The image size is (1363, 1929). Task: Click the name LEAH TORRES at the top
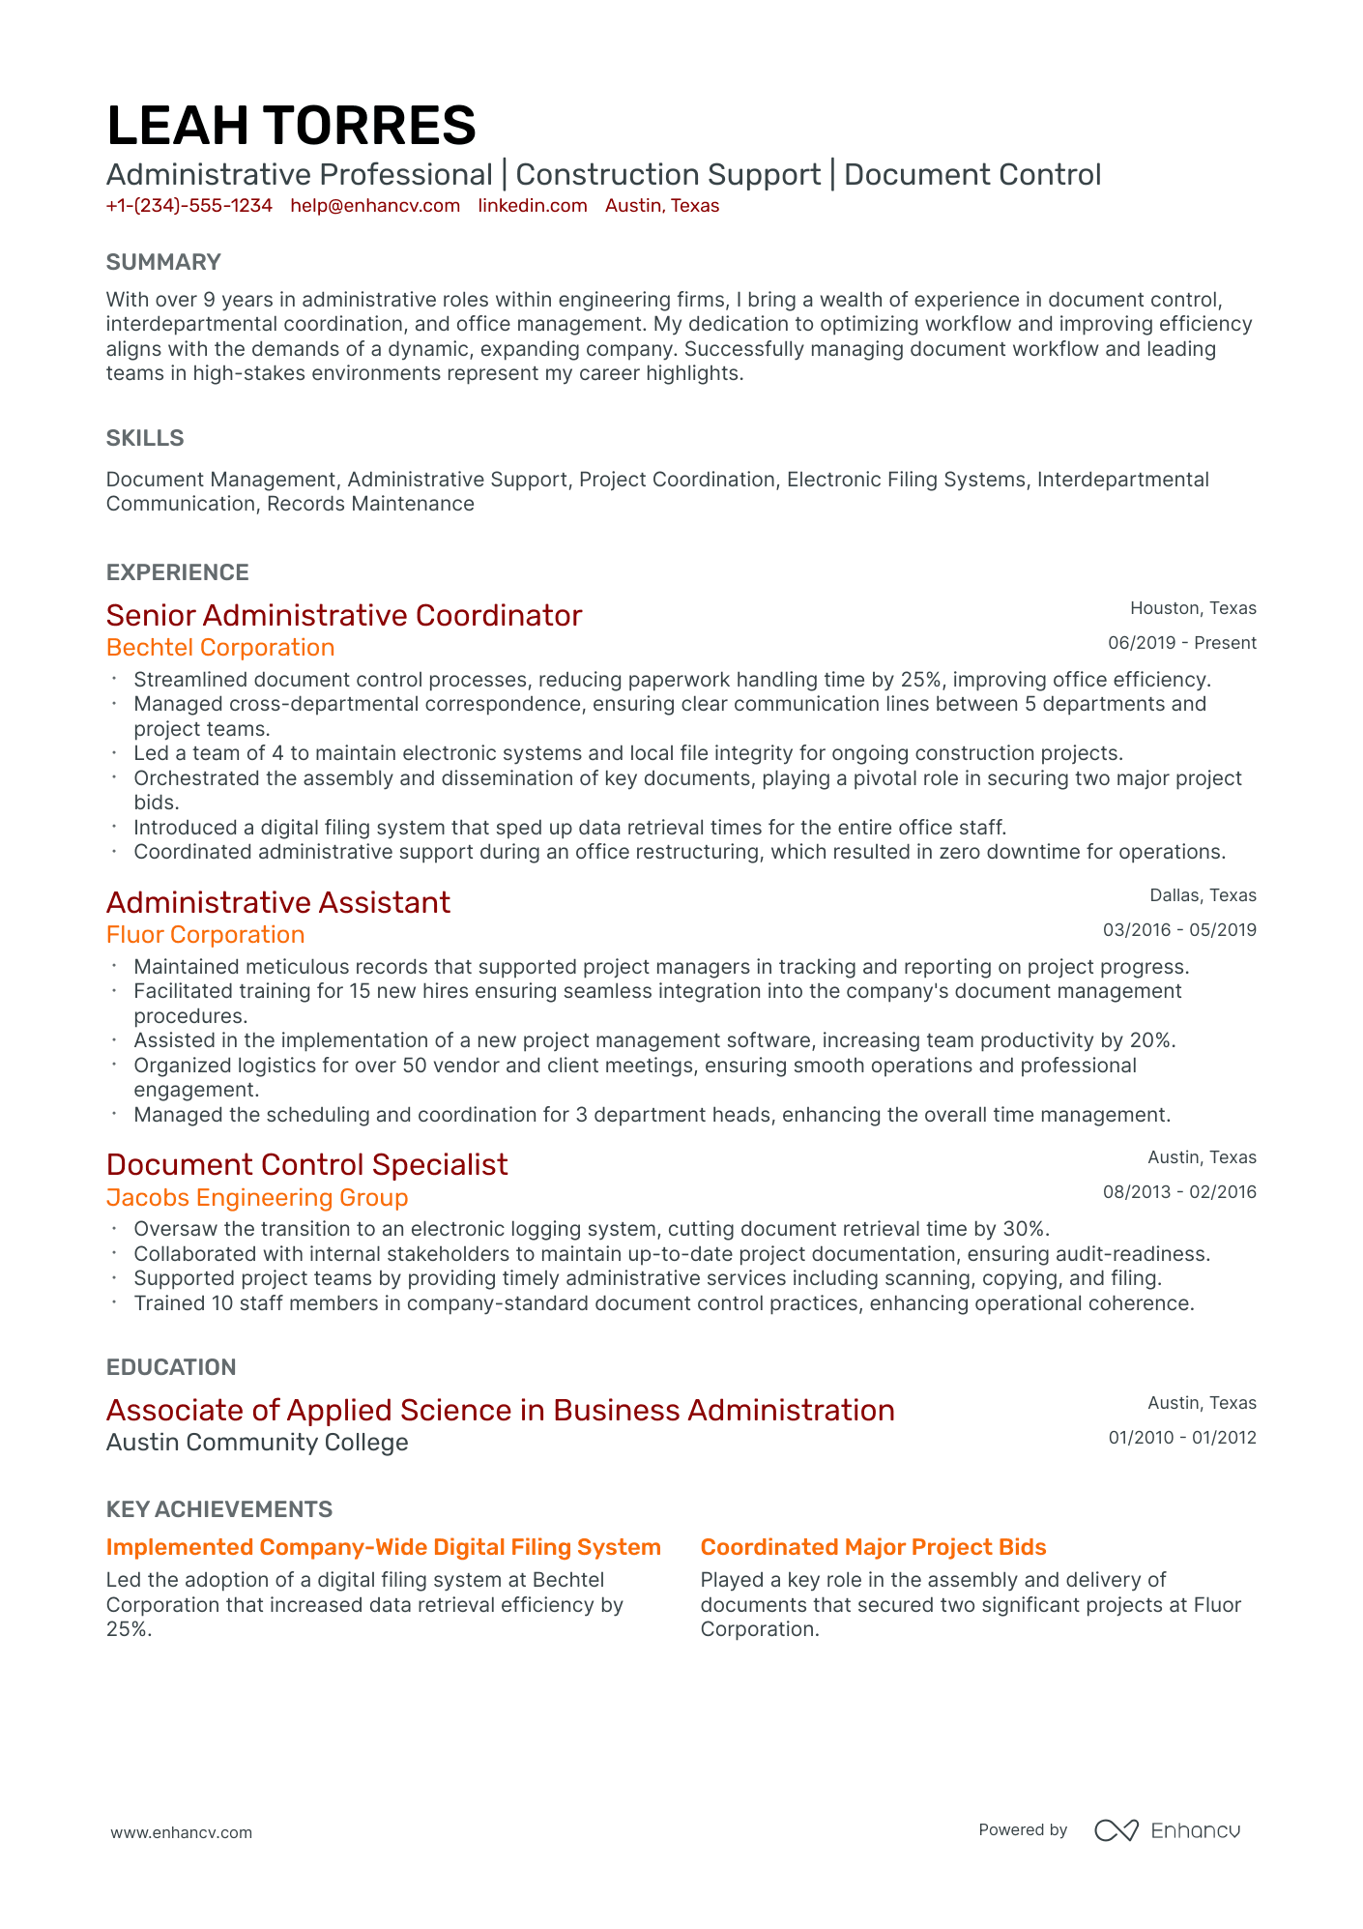coord(291,127)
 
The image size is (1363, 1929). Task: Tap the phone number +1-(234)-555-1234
coord(189,206)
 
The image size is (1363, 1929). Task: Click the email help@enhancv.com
coord(375,206)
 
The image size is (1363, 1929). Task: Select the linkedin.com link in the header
coord(533,206)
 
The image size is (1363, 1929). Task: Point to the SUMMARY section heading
coord(163,262)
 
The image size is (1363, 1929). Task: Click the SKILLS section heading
coord(145,438)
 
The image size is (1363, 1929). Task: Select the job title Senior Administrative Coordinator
coord(344,616)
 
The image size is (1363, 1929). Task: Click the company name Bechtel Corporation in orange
coord(220,648)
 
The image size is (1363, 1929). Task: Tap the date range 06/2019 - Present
coord(1181,643)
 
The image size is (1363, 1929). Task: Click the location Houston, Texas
coord(1193,608)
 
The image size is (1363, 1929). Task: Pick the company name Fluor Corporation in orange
coord(205,935)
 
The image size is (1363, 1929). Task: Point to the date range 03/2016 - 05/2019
coord(1179,930)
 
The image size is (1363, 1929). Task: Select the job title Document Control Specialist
coord(306,1165)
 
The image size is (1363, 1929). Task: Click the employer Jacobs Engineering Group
coord(257,1198)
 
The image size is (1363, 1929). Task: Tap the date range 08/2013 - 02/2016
coord(1179,1192)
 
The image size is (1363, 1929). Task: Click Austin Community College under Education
coord(257,1443)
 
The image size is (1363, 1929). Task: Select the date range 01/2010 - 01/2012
coord(1181,1438)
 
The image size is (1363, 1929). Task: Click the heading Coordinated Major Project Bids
coord(873,1547)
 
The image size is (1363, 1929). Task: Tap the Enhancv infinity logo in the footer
coord(1116,1830)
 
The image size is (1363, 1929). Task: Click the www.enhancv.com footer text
coord(181,1832)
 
